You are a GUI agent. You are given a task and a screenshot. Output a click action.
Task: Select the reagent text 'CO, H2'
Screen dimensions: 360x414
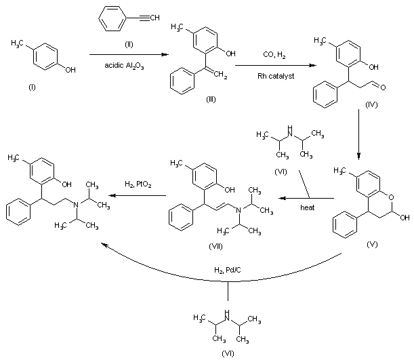pyautogui.click(x=274, y=53)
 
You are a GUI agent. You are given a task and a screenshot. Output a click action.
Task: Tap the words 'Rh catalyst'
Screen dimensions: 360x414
pyautogui.click(x=274, y=76)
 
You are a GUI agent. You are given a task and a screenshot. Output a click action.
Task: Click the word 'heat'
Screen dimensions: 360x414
pyautogui.click(x=308, y=208)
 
